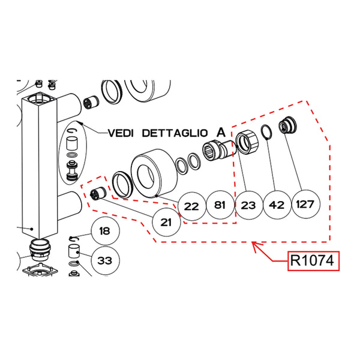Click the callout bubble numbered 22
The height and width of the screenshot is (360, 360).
pyautogui.click(x=192, y=206)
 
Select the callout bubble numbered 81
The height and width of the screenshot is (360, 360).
pyautogui.click(x=220, y=205)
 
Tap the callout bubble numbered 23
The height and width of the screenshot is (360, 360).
pyautogui.click(x=248, y=205)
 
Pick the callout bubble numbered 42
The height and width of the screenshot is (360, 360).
pyautogui.click(x=277, y=205)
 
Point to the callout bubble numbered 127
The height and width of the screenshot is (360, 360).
pyautogui.click(x=305, y=204)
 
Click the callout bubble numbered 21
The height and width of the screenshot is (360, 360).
pyautogui.click(x=166, y=222)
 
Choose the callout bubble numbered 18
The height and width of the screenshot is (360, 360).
pyautogui.click(x=106, y=231)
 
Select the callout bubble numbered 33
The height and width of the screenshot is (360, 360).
pyautogui.click(x=106, y=260)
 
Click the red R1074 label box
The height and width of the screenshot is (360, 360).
pyautogui.click(x=313, y=261)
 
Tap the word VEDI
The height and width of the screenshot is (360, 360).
pyautogui.click(x=121, y=133)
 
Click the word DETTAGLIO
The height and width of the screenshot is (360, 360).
pyautogui.click(x=175, y=133)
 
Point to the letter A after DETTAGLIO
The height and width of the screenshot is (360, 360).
pyautogui.click(x=221, y=132)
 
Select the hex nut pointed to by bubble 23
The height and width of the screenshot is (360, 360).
pyautogui.click(x=247, y=142)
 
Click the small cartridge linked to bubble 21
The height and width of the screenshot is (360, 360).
pyautogui.click(x=98, y=194)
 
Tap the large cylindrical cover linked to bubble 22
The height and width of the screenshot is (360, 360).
pyautogui.click(x=154, y=173)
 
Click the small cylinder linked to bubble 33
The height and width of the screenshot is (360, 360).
pyautogui.click(x=74, y=251)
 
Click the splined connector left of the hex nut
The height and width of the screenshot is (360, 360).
pyautogui.click(x=219, y=151)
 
